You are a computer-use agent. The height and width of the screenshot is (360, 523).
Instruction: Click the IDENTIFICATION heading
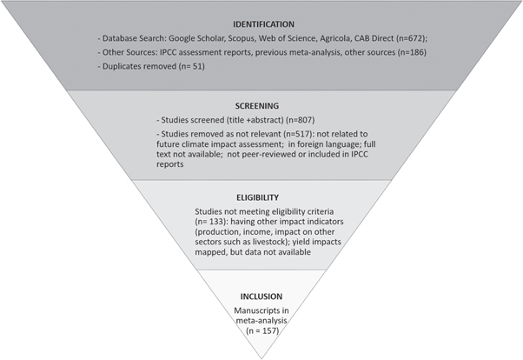click(x=261, y=24)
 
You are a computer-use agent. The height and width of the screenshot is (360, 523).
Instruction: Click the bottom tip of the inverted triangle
click(x=261, y=357)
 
